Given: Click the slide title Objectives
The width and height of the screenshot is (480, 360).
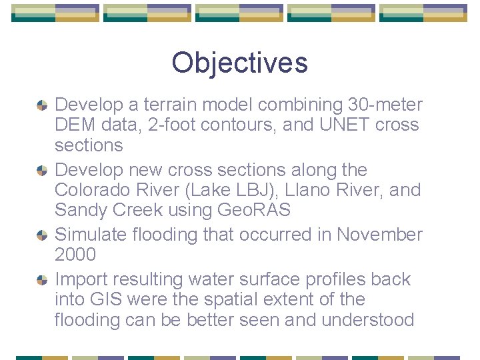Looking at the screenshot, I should coord(239,63).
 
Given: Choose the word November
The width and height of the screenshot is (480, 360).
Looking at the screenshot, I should coord(379,235).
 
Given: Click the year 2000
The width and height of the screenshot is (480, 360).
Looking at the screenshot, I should coord(75,255).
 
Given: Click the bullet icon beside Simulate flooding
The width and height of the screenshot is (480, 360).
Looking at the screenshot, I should coord(41,235).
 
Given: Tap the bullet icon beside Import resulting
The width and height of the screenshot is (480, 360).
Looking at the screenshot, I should coord(41,279).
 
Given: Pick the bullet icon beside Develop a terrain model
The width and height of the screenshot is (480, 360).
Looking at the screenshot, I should coord(41,105).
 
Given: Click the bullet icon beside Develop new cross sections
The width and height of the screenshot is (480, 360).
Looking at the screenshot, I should coord(41,170).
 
